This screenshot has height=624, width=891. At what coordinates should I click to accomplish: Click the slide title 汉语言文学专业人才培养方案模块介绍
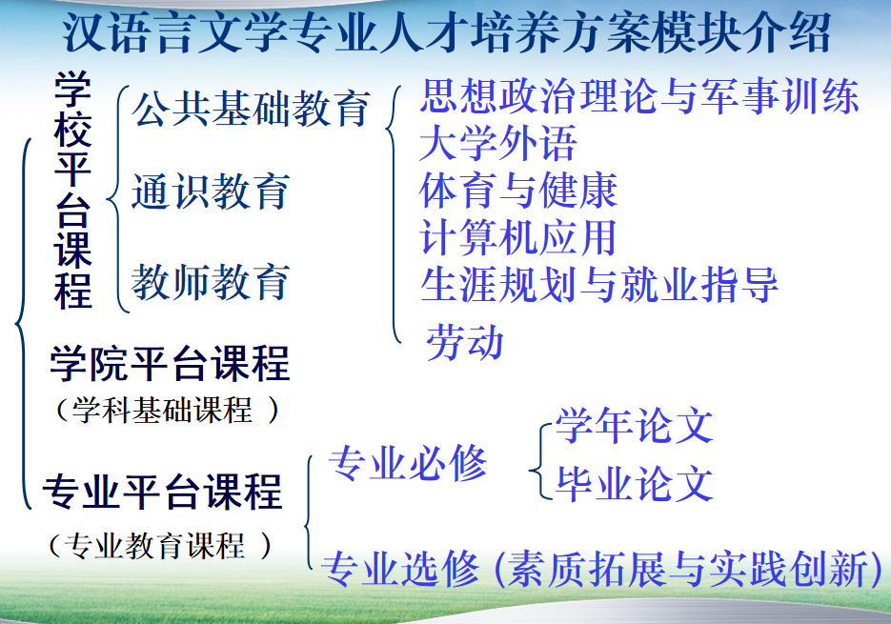pos(447,33)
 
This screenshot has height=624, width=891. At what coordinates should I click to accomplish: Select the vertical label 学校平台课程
pos(72,190)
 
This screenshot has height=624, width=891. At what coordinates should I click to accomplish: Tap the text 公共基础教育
pos(251,108)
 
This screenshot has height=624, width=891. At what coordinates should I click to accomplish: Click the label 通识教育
pos(211,191)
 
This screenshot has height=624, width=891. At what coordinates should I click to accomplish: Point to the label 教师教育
pos(211,281)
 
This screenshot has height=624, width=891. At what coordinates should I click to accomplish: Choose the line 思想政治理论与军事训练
pos(638,95)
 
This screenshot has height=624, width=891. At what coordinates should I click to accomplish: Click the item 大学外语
pos(497,143)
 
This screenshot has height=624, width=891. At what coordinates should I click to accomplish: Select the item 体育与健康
pos(518,191)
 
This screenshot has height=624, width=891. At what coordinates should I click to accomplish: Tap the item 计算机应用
pos(518,237)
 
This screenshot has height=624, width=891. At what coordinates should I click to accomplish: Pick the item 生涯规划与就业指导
pos(599,284)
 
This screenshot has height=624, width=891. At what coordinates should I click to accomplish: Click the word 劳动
pos(465,342)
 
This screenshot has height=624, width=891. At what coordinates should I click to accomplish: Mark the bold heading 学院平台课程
pos(170,363)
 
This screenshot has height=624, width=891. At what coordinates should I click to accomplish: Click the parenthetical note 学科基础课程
pos(163,410)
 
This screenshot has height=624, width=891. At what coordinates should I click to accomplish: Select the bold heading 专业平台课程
pos(162,491)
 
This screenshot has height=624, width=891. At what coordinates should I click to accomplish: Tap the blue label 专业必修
pos(408,463)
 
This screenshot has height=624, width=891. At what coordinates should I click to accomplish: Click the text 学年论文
pos(634,426)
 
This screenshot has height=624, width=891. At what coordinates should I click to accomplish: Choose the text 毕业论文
pos(634,484)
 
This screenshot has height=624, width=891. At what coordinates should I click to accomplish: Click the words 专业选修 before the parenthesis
pos(400,569)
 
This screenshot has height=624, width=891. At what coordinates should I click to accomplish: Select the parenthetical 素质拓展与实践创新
pos(686,569)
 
